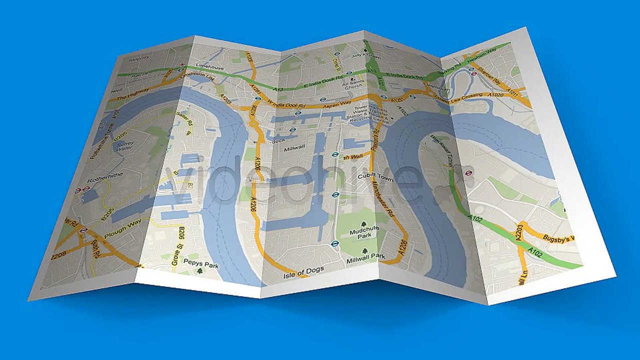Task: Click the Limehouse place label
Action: coord(210,66)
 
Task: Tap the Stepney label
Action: coord(139,59)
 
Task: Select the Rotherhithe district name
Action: coord(104,179)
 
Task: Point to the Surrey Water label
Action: coord(125,145)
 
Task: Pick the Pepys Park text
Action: coord(201,262)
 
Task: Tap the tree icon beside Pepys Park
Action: coord(200,270)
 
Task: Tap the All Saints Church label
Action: coord(352,84)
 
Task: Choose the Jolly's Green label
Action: coord(359,55)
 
